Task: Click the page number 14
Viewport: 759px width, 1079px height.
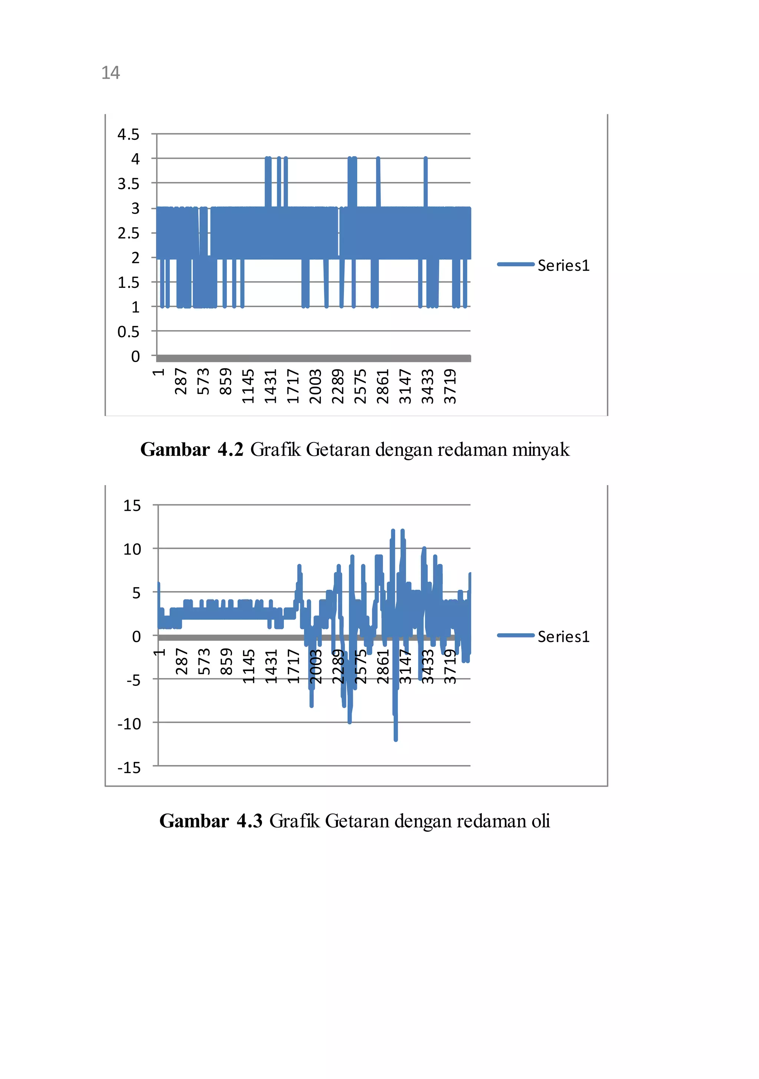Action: pos(110,73)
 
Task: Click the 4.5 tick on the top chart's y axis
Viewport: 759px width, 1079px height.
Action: pos(128,134)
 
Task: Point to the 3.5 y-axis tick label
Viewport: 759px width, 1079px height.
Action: pos(128,184)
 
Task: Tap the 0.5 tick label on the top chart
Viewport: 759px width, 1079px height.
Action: pos(128,332)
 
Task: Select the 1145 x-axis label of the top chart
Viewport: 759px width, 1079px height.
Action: pos(248,386)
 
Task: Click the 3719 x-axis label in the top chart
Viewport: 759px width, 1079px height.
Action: pos(450,386)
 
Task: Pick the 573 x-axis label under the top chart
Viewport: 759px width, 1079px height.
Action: pos(203,381)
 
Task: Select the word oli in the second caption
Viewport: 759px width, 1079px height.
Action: pos(541,821)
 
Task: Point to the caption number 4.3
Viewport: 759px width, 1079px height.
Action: pos(249,821)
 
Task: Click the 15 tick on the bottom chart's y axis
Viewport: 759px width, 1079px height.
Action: pos(132,506)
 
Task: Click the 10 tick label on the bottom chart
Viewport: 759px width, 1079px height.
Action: pos(132,549)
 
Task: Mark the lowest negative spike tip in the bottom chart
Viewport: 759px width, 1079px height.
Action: pos(395,739)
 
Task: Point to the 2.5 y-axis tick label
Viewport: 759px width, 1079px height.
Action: pos(128,233)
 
